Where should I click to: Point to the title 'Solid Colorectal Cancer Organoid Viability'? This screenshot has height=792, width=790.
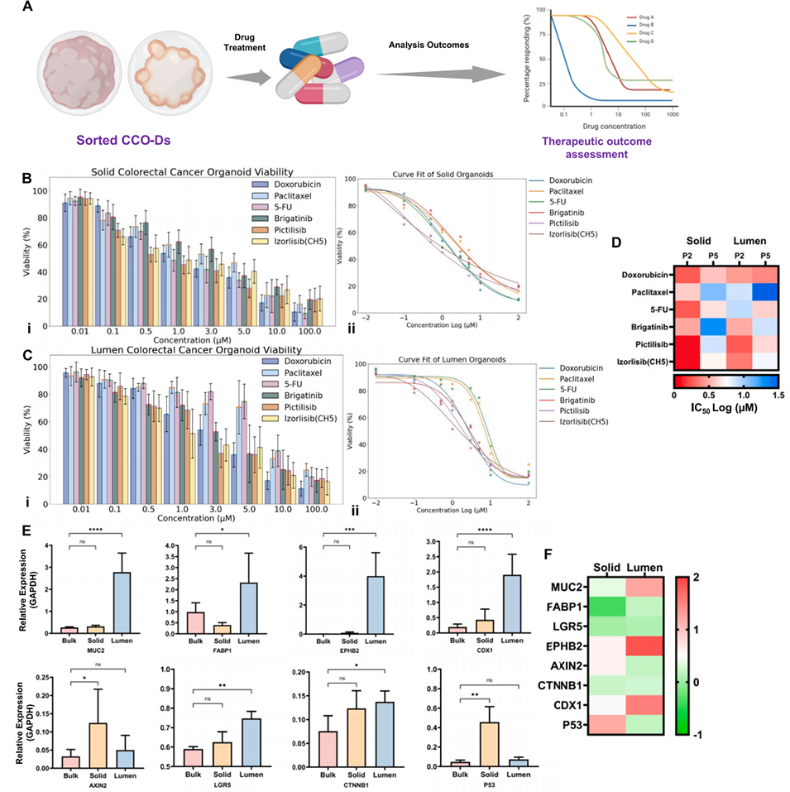[x=179, y=170]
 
